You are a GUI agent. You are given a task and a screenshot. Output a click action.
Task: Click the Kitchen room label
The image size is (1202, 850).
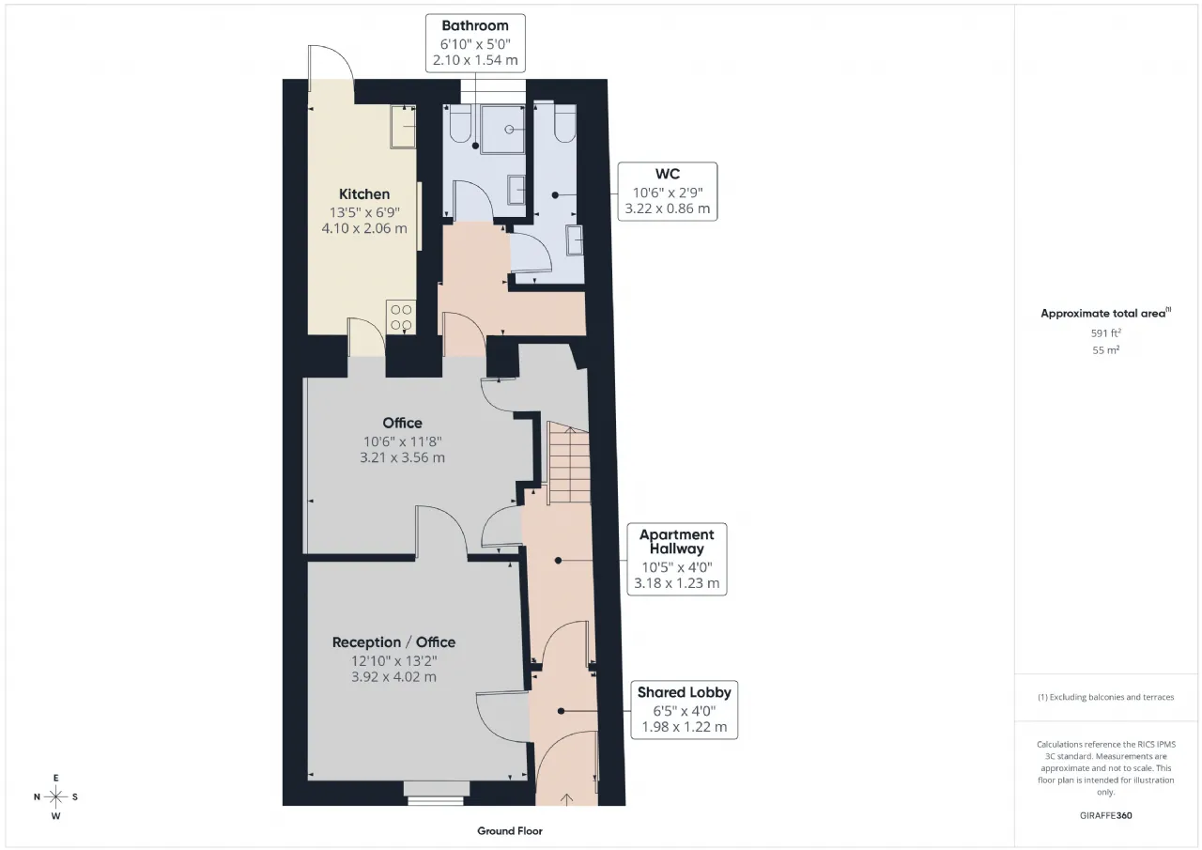[x=364, y=194]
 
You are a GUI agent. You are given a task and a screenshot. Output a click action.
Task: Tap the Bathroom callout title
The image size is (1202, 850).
[x=475, y=25]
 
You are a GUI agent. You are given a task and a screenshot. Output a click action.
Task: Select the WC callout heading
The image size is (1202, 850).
[x=668, y=174]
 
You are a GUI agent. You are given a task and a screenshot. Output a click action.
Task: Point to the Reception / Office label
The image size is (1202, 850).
[x=393, y=642]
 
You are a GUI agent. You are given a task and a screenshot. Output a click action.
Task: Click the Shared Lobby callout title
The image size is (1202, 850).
[x=685, y=692]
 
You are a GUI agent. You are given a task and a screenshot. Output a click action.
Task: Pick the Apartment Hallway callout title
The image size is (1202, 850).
[x=677, y=541]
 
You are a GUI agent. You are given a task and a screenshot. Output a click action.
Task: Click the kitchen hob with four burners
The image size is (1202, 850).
[x=401, y=317]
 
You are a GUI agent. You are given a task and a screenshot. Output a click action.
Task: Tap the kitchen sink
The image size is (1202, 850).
[x=403, y=127]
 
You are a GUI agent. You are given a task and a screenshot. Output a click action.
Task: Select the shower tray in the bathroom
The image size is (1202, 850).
[x=502, y=130]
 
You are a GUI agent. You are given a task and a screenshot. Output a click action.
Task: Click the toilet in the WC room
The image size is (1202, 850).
[x=564, y=123]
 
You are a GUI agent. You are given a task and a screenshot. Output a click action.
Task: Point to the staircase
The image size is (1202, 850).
[x=569, y=462]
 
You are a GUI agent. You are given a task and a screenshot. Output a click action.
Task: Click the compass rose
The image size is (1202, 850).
[x=55, y=796]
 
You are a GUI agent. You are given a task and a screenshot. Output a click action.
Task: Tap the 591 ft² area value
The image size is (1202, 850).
[x=1106, y=333]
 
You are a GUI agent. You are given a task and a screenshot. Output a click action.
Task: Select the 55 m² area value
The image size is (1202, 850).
[x=1106, y=350]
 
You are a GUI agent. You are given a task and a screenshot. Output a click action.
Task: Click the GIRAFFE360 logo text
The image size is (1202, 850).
[x=1106, y=815]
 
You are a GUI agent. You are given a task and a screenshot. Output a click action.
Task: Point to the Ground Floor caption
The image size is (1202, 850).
[x=510, y=831]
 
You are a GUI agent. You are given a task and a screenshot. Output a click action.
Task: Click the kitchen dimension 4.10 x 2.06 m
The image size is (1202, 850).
[x=364, y=228]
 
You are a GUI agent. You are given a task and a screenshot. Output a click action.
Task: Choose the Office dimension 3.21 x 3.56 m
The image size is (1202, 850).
[x=403, y=457]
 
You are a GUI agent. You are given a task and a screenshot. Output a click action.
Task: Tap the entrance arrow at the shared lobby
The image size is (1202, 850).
[x=566, y=799]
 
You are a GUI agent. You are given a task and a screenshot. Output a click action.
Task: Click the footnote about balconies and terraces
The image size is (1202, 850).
[x=1106, y=697]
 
